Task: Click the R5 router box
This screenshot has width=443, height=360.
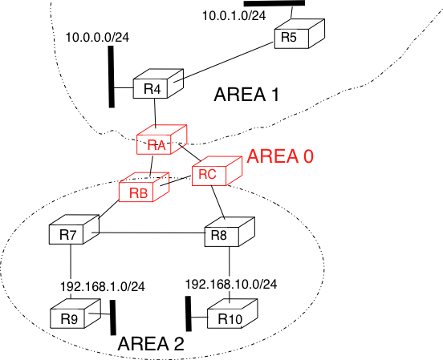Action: point(299,34)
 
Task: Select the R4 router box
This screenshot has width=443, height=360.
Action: point(158,83)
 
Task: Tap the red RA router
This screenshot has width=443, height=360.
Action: point(161,140)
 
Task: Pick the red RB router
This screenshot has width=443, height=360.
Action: point(144,187)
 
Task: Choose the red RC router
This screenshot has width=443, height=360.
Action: point(217,171)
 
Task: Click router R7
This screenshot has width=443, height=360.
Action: point(75,229)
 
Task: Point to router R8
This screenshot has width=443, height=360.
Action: point(230,232)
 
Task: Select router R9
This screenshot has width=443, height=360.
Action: point(75,313)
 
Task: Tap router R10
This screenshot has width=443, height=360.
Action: point(233,313)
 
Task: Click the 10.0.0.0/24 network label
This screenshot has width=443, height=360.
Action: point(97,37)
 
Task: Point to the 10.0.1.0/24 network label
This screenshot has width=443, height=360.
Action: point(234,15)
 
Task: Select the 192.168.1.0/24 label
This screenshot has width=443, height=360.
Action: point(103,286)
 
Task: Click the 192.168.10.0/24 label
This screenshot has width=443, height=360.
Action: point(231,284)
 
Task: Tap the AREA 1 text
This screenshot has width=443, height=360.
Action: point(246,95)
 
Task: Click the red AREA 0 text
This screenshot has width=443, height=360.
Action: point(280,156)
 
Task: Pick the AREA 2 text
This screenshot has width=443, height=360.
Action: point(151,344)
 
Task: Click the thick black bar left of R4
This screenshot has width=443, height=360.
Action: point(112,76)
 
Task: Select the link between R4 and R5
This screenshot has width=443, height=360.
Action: point(223,62)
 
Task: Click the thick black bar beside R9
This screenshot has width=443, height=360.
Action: point(112,318)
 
